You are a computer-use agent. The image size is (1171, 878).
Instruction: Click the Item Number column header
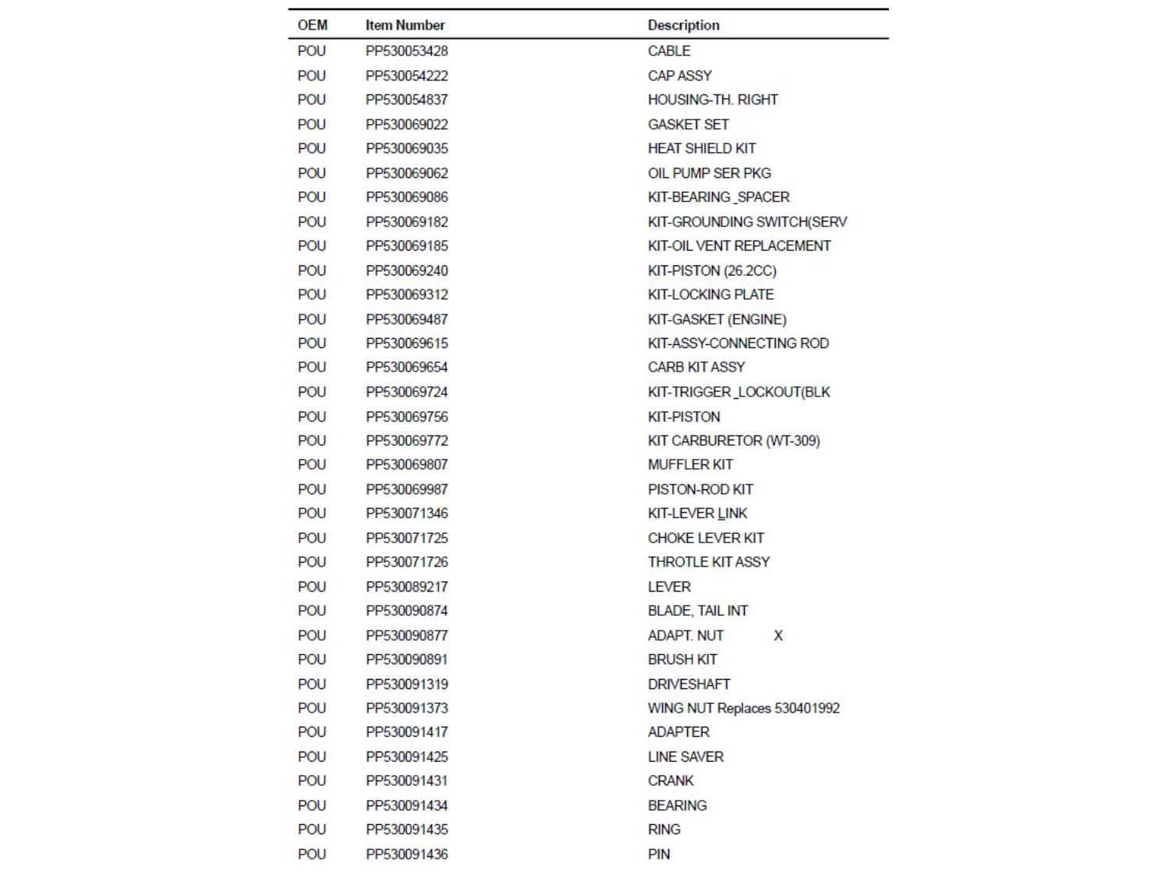[x=404, y=25]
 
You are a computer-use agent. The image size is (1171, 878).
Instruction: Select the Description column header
[x=683, y=25]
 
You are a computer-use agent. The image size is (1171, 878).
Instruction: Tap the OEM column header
[x=312, y=25]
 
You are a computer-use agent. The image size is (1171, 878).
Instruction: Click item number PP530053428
[x=407, y=51]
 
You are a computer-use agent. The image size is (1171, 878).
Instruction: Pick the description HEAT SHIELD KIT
[x=701, y=148]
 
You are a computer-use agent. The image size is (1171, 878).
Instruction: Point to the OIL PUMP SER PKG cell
[x=709, y=173]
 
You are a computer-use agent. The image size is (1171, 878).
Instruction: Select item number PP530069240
[x=407, y=271]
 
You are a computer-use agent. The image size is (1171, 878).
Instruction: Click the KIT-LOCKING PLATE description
[x=710, y=294]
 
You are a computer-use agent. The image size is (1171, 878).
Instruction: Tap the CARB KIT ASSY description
[x=696, y=367]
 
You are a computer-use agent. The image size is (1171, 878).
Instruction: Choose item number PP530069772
[x=407, y=440]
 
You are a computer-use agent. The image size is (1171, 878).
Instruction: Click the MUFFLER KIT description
[x=690, y=464]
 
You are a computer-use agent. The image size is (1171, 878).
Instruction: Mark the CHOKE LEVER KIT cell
[x=706, y=538]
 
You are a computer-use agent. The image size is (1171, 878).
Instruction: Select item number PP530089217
[x=407, y=587]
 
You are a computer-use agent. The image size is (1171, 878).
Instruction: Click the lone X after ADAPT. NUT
[x=778, y=635]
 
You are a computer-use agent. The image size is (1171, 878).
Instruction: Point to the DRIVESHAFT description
[x=689, y=684]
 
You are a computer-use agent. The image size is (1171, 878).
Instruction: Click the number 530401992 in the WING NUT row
[x=806, y=708]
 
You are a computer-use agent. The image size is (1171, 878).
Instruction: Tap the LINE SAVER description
[x=685, y=757]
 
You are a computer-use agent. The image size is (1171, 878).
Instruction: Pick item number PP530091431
[x=407, y=780]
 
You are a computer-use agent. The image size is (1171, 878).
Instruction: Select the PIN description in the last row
[x=659, y=854]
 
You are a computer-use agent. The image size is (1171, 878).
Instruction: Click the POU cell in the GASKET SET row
[x=311, y=124]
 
